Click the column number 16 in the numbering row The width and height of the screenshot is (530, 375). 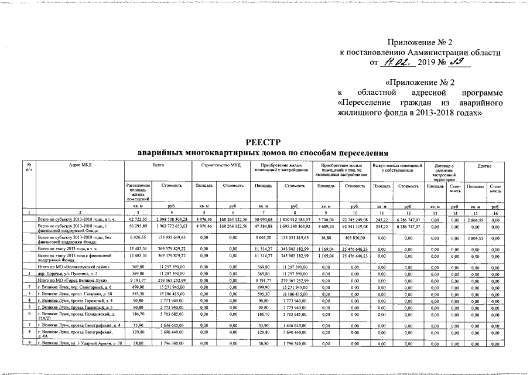pyautogui.click(x=495, y=212)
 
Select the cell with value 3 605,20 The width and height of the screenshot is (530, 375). pyautogui.click(x=261, y=238)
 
